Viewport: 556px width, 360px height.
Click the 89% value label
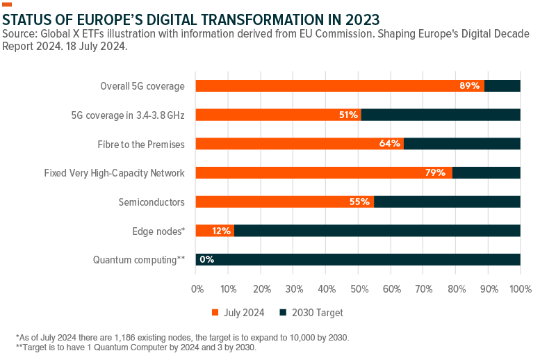470,85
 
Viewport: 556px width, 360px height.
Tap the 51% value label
348,115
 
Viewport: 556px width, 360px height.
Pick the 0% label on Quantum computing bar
206,260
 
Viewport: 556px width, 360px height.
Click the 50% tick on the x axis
359,288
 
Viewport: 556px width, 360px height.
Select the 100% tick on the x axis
520,288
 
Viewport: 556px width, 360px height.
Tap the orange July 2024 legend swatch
215,313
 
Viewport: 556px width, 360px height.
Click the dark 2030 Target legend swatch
283,313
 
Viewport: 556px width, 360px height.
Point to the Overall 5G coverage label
142,86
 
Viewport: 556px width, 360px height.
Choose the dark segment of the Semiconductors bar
447,202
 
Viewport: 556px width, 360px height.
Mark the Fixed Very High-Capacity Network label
114,173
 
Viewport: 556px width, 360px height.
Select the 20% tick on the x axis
262,288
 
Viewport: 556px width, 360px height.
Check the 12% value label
222,231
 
